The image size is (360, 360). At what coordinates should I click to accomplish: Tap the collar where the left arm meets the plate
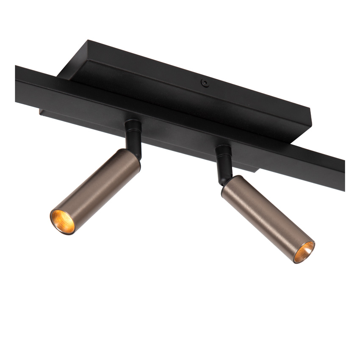(x=133, y=124)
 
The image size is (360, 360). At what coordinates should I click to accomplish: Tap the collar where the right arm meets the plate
(x=223, y=150)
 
